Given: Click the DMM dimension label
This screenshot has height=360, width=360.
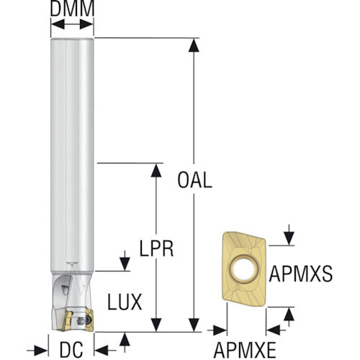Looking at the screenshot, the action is [72, 9].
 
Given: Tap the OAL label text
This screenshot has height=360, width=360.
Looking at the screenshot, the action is [194, 180].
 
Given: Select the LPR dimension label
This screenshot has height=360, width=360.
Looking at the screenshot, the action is [156, 248].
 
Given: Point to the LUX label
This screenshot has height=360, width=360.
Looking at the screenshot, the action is [125, 302].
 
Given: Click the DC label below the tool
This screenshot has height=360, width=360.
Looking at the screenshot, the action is [71, 349].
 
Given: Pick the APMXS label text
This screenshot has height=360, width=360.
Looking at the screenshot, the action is [301, 274].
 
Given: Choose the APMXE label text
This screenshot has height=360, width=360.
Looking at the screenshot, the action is [245, 350].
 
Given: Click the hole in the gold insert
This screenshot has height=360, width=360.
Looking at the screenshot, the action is [244, 269].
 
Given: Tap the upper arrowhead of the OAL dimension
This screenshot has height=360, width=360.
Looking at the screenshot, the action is [194, 45].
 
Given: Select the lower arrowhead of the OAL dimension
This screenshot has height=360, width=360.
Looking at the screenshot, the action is [194, 325].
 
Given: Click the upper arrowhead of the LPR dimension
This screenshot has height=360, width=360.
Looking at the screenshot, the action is [156, 170].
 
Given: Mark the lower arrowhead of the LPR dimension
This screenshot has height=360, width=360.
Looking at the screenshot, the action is [156, 325].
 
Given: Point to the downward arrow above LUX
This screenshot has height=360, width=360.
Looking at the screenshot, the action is [125, 261].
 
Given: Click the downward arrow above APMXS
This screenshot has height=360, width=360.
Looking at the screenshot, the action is [289, 235].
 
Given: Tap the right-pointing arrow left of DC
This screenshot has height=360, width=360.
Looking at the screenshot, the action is [37, 351].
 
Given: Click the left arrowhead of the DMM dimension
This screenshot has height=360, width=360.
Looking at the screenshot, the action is [58, 24].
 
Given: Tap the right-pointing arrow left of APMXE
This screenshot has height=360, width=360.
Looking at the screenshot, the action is [217, 330].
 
